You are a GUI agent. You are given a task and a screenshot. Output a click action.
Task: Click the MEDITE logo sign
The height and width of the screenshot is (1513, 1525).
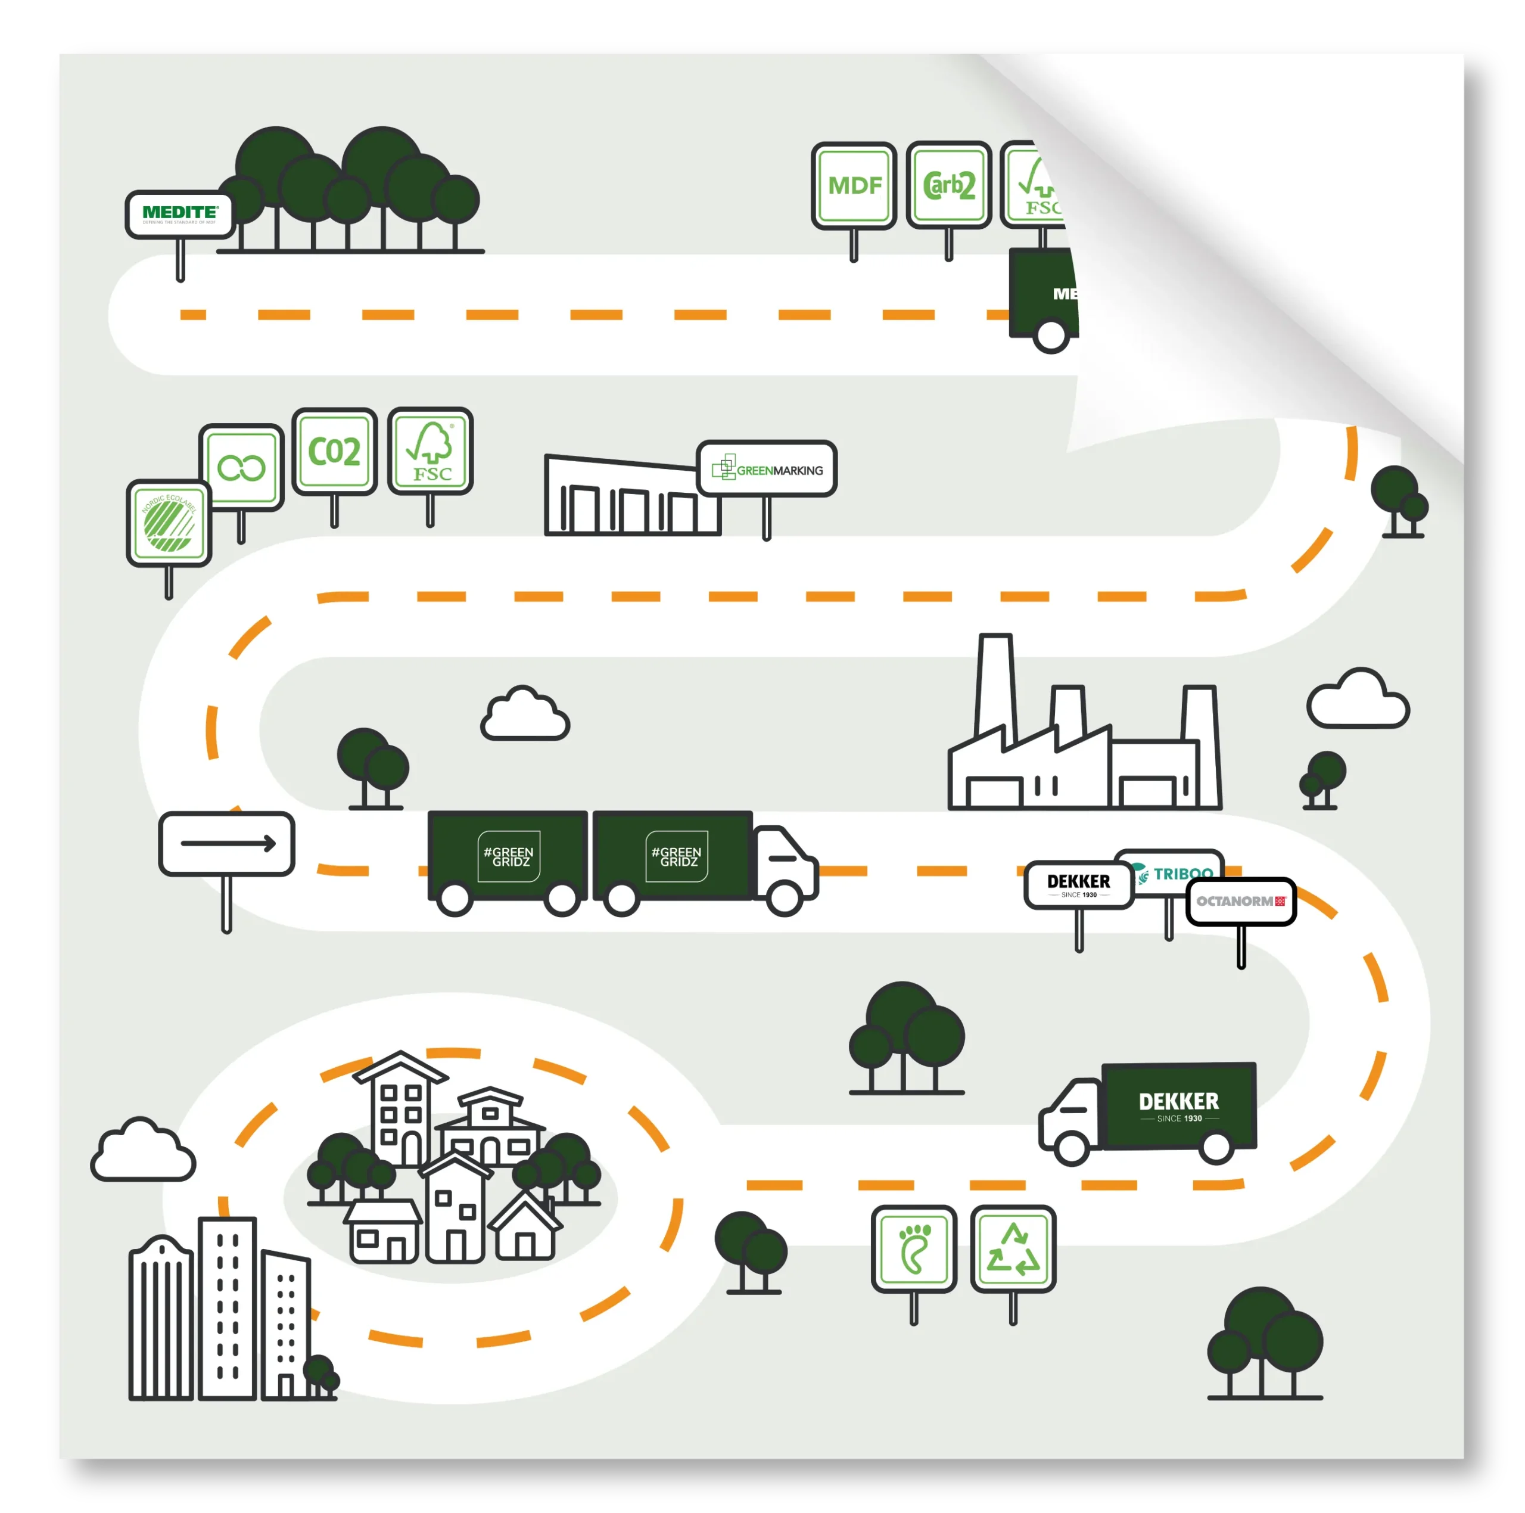180,214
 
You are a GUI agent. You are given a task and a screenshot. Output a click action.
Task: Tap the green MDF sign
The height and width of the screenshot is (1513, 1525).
854,185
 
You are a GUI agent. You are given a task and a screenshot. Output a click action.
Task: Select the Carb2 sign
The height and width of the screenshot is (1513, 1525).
949,185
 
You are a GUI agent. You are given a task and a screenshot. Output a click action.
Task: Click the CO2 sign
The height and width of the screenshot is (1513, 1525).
335,452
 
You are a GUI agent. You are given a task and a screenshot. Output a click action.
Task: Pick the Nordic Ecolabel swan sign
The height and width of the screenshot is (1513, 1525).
169,523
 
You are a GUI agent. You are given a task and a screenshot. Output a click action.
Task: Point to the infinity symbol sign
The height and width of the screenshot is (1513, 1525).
241,467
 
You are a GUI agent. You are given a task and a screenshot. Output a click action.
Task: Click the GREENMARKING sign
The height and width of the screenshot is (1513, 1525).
767,469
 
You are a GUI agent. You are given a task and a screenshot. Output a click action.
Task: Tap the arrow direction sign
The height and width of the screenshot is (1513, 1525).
226,843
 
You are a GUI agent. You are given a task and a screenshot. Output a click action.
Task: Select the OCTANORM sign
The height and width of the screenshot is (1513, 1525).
1241,901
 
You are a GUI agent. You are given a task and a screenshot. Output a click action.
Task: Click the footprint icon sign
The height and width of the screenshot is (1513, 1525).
914,1249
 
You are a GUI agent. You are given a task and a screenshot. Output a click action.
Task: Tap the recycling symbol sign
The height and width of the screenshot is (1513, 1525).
1013,1249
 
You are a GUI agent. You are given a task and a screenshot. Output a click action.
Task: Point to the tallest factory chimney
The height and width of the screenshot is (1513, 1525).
995,687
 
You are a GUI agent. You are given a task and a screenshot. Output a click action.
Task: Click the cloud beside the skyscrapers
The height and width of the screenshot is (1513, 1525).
143,1151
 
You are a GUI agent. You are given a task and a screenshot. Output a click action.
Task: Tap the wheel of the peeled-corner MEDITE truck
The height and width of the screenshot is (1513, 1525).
1051,335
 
